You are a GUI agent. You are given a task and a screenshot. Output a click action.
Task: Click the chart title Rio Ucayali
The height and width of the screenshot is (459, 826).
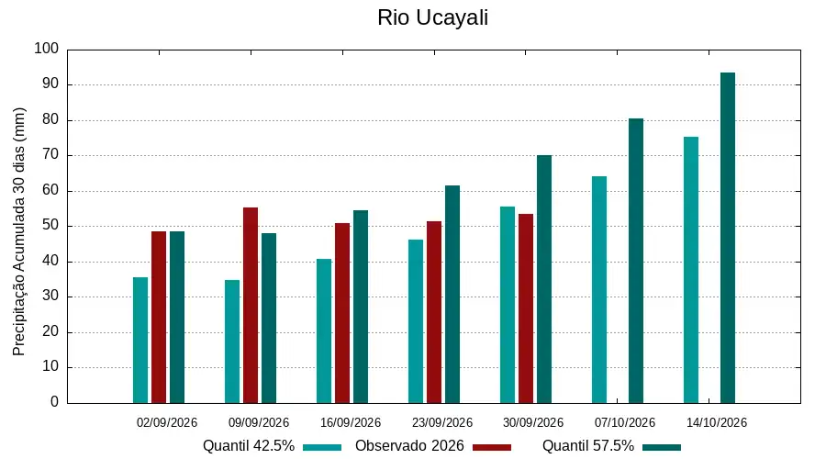[432, 17]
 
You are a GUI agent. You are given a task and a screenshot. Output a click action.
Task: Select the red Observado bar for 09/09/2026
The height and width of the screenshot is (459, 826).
[251, 306]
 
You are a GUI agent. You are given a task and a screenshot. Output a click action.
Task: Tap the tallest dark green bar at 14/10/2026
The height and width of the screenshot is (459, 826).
[728, 238]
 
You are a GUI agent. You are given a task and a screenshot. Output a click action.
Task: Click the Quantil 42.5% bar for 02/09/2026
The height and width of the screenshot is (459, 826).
[140, 341]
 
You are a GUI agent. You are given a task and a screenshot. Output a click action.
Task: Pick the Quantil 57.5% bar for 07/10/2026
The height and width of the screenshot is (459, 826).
[636, 261]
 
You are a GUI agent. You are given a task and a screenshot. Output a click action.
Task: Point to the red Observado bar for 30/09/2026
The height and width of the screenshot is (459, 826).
[526, 308]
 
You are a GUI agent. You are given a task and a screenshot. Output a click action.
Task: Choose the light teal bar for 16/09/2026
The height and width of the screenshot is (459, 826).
[324, 331]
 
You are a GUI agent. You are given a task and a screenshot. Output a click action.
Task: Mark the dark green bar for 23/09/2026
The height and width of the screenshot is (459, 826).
[452, 295]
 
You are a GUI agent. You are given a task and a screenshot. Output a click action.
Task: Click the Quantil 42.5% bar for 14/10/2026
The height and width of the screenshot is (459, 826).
[691, 270]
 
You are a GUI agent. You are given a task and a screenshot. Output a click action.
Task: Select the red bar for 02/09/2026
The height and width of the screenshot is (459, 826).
[159, 318]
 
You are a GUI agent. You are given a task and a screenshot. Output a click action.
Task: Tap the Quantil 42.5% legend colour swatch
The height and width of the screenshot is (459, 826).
[322, 447]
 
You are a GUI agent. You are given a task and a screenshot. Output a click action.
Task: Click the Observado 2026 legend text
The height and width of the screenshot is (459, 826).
[409, 446]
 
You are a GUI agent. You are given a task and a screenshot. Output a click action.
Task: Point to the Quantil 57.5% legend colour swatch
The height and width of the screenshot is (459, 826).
[662, 447]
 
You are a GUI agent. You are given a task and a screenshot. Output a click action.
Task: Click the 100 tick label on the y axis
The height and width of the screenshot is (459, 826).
[47, 49]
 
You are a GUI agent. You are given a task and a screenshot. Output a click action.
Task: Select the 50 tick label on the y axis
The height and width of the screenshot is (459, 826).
[50, 226]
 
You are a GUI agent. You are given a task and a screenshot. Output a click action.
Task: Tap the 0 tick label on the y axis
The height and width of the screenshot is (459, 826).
[55, 402]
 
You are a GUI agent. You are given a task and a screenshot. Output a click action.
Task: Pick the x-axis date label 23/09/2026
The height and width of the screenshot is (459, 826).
[442, 422]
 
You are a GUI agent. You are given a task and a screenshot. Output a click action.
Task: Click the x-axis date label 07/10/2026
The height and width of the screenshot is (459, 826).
[625, 422]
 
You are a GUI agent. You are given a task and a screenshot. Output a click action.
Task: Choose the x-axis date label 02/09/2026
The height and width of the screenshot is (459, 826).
[166, 422]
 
